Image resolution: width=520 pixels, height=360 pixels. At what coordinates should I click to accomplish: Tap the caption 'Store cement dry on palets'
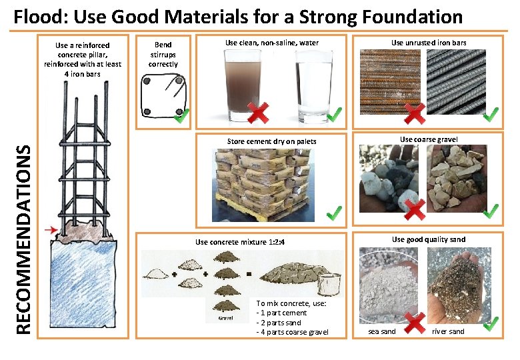(271, 141)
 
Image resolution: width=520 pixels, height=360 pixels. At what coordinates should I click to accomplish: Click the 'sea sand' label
(383, 331)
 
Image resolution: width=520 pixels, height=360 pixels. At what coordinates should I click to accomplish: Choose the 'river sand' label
(448, 331)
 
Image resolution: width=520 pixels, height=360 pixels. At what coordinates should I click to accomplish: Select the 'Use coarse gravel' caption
(429, 139)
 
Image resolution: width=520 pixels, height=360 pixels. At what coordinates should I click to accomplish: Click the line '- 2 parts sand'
(279, 323)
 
